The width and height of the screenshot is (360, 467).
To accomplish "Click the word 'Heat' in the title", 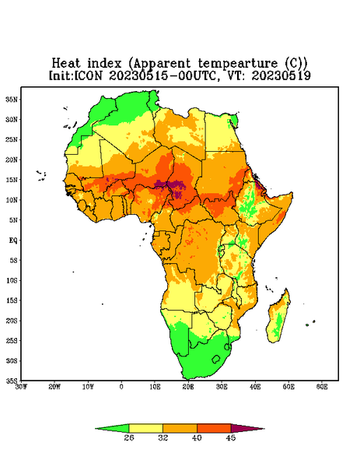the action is (66, 64).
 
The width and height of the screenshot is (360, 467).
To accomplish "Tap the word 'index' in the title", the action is (105, 64).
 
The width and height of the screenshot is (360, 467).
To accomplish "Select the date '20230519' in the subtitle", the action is (281, 75).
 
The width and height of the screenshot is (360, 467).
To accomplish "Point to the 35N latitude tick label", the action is (12, 100).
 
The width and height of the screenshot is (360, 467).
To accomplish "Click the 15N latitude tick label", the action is (12, 180).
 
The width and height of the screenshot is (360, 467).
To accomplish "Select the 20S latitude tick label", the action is (12, 321).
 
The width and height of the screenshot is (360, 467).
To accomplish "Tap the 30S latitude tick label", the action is (12, 361).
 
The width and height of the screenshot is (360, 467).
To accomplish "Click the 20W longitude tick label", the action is (54, 387).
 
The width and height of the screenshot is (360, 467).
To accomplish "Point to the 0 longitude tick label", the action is (121, 387).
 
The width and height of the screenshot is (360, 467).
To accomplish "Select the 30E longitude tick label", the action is (222, 387).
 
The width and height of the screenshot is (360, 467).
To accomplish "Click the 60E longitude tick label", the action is (322, 387).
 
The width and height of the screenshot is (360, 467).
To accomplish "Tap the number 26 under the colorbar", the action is (129, 437).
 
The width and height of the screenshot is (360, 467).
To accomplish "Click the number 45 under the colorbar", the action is (231, 437).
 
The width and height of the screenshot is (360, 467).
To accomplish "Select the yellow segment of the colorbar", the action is (145, 428).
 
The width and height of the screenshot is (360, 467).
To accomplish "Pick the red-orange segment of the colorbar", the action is (214, 428).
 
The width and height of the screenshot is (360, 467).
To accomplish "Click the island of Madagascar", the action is (279, 318).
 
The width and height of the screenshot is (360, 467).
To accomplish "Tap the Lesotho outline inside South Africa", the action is (216, 359).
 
